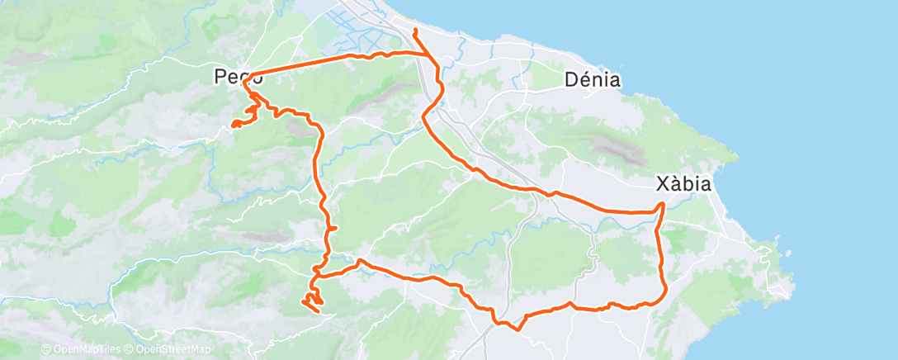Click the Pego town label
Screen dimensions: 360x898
[x=239, y=77]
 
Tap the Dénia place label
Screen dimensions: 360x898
[x=593, y=80]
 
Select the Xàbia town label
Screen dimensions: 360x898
[x=683, y=183]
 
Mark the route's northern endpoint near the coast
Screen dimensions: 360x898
[x=414, y=31]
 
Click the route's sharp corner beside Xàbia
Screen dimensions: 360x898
[x=663, y=204]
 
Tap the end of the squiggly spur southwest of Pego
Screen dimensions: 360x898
[x=233, y=126]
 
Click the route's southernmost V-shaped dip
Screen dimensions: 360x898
[x=518, y=329]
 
